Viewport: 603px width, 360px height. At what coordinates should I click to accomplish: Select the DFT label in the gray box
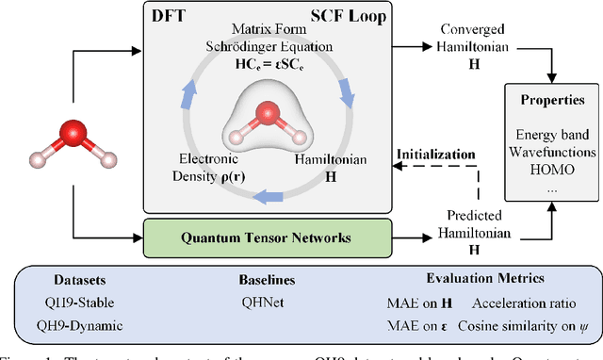171,16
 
